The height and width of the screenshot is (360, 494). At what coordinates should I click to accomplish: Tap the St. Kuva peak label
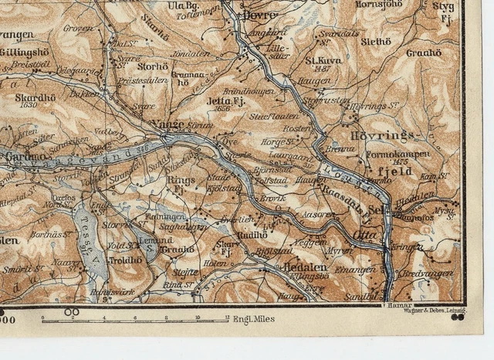(323, 59)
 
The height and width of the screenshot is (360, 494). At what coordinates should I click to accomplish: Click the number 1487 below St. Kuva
(323, 68)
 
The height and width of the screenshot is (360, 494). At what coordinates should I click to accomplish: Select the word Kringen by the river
(406, 247)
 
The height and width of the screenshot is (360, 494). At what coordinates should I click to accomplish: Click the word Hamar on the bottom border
(390, 307)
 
